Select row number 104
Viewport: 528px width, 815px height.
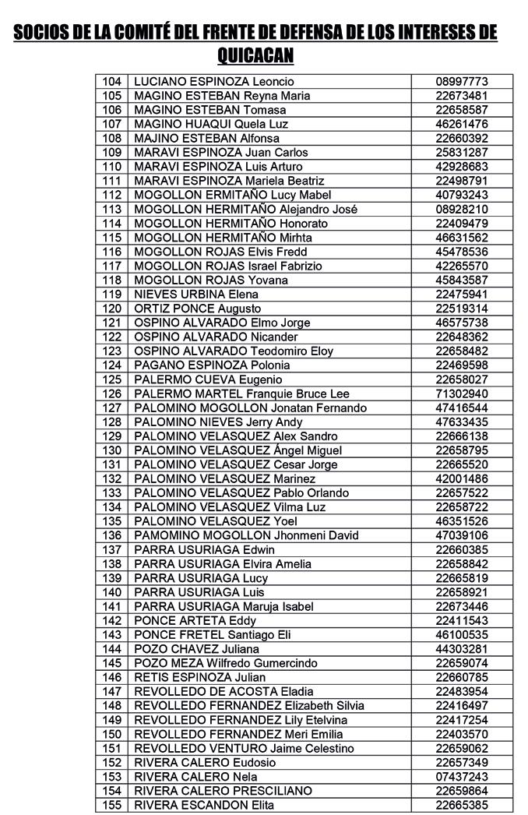[x=112, y=82]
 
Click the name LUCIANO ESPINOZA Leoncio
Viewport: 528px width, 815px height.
[x=213, y=82]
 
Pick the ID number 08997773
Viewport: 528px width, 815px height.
[x=462, y=82]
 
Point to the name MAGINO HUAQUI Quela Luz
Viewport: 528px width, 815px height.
[x=211, y=125]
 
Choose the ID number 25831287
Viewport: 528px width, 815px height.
[x=462, y=153]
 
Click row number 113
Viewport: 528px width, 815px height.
[x=112, y=210]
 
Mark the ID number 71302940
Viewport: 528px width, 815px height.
[x=462, y=393]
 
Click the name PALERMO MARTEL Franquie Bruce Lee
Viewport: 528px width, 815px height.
[x=241, y=393]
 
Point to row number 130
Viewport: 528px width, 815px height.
[x=112, y=450]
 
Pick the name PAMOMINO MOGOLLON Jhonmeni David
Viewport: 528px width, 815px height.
[x=246, y=535]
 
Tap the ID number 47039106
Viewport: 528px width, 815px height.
[x=462, y=535]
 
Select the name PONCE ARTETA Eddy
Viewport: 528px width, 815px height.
[x=195, y=621]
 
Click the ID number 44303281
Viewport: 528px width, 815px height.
[x=462, y=649]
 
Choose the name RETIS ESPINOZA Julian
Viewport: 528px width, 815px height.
[x=200, y=677]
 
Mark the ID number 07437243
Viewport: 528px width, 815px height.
[x=462, y=777]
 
